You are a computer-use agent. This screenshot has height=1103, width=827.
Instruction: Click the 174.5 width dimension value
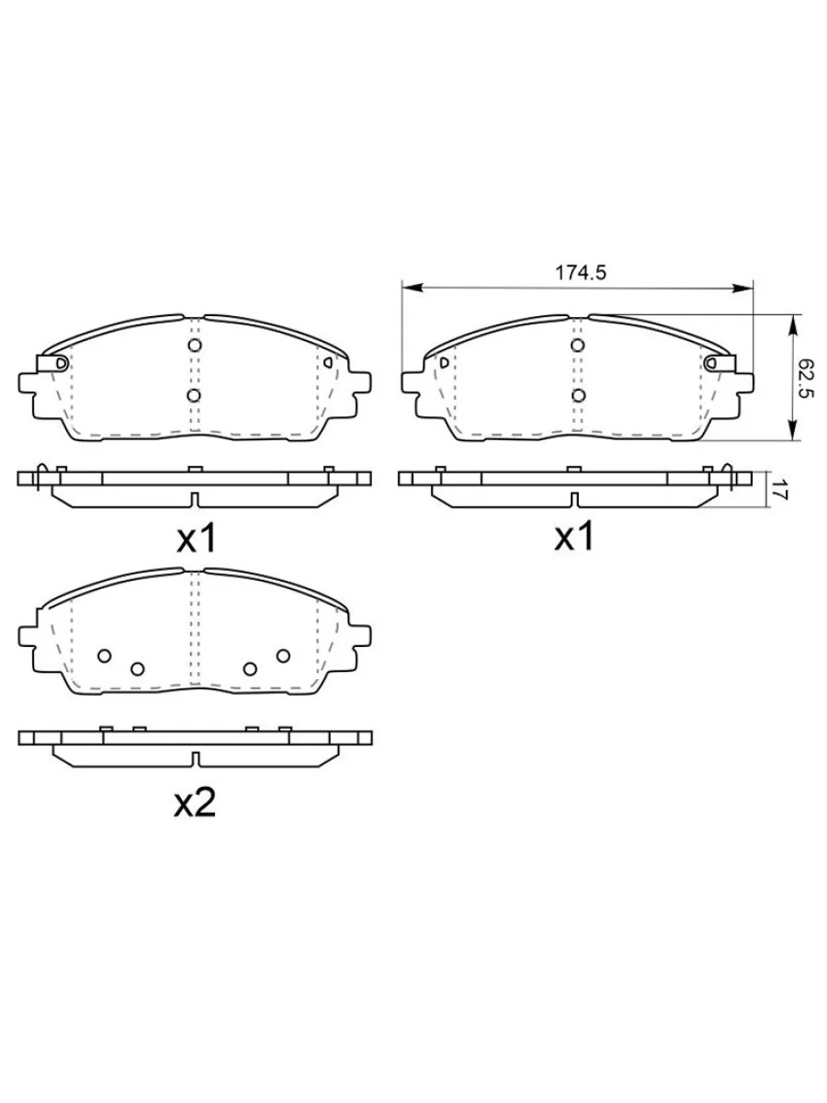581,273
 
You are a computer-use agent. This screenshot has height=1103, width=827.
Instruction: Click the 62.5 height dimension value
808,378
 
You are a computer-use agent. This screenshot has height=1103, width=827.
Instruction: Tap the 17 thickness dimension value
779,488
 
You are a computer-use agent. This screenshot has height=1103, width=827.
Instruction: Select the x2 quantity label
195,802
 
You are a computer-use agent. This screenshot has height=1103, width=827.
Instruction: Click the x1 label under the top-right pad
574,536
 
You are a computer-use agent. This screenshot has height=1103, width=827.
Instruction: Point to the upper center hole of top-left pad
195,346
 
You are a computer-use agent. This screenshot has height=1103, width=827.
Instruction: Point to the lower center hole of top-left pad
194,396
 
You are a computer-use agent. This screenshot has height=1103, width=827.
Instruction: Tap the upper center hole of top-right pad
577,346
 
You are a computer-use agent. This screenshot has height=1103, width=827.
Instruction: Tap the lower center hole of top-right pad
579,396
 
